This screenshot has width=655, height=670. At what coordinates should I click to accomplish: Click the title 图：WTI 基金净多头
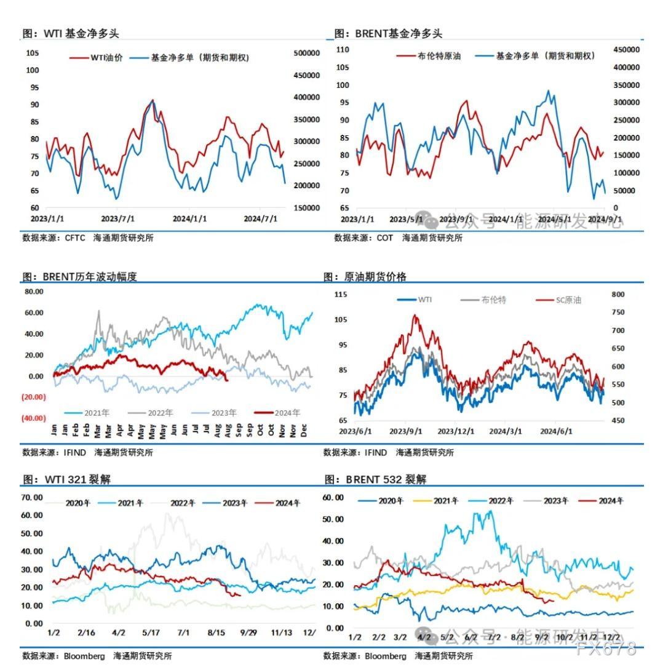pyautogui.click(x=71, y=34)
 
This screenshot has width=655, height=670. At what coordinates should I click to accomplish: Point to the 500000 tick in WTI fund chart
pyautogui.click(x=306, y=54)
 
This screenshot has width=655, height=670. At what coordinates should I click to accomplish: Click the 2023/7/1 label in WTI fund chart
pyautogui.click(x=118, y=218)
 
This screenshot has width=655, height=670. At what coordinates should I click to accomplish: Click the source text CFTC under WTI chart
pyautogui.click(x=75, y=237)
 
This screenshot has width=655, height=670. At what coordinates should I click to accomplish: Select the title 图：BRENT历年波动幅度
pyautogui.click(x=79, y=276)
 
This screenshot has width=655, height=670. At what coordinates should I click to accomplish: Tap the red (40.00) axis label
pyautogui.click(x=33, y=418)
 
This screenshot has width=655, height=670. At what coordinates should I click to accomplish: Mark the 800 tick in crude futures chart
pyautogui.click(x=618, y=295)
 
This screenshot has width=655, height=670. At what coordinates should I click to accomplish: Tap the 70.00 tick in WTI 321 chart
pyautogui.click(x=31, y=497)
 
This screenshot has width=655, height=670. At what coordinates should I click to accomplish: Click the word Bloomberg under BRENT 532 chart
pyautogui.click(x=386, y=656)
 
